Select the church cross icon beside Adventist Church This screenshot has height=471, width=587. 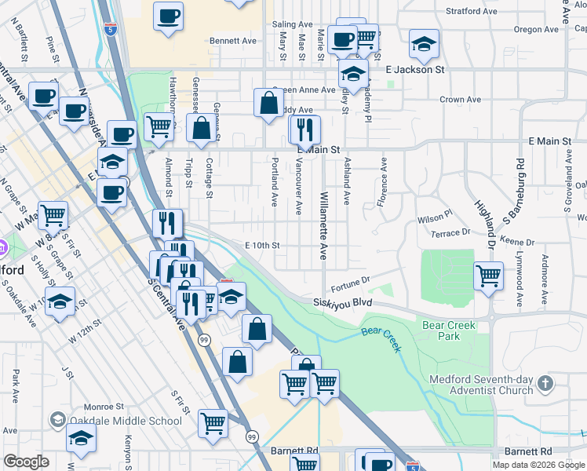546,385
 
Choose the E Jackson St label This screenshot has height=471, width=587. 415,70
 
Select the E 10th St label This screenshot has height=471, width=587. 262,246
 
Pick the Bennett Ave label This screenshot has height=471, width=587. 233,40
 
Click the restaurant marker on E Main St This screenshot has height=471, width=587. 305,129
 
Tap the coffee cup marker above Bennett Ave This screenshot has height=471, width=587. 167,16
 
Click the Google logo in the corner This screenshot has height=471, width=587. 26,462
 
